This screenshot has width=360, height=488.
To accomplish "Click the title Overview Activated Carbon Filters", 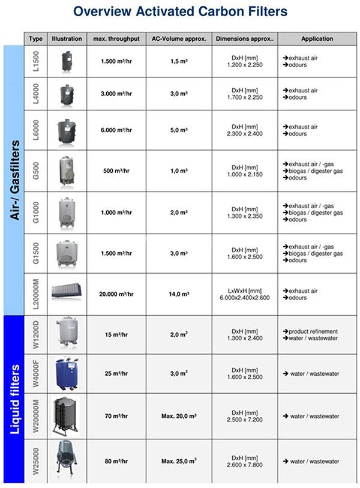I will pos(180,11).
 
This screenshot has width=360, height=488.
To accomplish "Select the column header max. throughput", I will pos(116,39).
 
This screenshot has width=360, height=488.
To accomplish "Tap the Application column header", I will pos(317,39).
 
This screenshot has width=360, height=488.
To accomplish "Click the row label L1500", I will pos(35,61).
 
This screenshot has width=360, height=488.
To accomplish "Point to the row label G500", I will pos(35,171).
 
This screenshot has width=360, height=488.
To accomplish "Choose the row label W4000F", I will pos(35,374).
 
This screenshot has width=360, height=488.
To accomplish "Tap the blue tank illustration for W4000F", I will pos(67,373).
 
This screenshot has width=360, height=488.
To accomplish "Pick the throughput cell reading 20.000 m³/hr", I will pos(116,295).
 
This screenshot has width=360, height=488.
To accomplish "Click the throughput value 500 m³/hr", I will pos(116,171).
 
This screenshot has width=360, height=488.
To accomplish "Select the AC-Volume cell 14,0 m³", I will pos(178,295).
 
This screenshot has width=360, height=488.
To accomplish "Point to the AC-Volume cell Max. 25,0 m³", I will pos(178,461).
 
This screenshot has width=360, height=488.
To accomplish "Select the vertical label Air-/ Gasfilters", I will pos(14,180).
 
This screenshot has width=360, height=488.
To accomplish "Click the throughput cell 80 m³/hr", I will pos(116,461).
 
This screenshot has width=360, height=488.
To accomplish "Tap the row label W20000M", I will pos(35,416).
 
